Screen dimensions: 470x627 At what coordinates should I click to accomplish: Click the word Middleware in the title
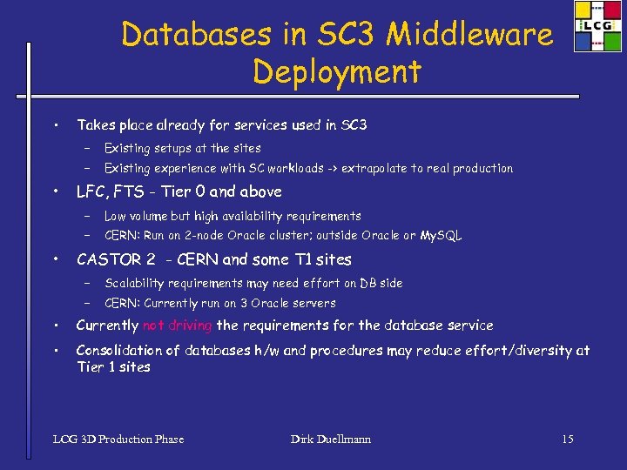pos(469,35)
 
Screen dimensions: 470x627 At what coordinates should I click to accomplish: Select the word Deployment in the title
pos(337,71)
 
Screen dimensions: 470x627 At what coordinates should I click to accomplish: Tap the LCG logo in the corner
pos(597,26)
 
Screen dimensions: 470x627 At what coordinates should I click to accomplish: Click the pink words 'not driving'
pos(178,326)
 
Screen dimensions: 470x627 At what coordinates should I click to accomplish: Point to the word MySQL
pos(441,236)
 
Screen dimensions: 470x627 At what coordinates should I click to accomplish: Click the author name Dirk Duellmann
pos(331,439)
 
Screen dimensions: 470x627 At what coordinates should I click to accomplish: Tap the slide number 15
pos(568,439)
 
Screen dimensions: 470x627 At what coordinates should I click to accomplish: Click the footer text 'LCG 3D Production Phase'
pos(118,439)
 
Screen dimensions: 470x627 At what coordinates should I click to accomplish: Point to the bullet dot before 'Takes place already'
pos(55,125)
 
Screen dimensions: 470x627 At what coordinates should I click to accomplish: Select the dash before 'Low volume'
pos(88,216)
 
